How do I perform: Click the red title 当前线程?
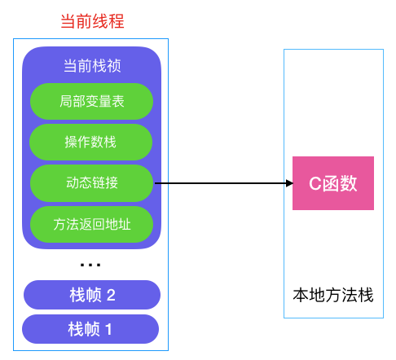92,22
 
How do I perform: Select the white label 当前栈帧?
92,66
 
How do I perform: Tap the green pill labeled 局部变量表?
91,102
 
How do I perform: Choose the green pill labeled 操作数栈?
91,143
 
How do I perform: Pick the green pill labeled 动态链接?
91,183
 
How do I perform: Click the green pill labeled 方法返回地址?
91,223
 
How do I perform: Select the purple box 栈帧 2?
91,295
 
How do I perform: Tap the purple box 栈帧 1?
91,329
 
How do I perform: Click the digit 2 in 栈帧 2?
111,295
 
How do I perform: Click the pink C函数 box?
333,183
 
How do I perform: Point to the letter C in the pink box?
314,183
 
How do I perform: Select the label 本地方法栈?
333,295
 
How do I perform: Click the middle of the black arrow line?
222,183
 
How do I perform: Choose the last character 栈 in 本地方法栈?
366,295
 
